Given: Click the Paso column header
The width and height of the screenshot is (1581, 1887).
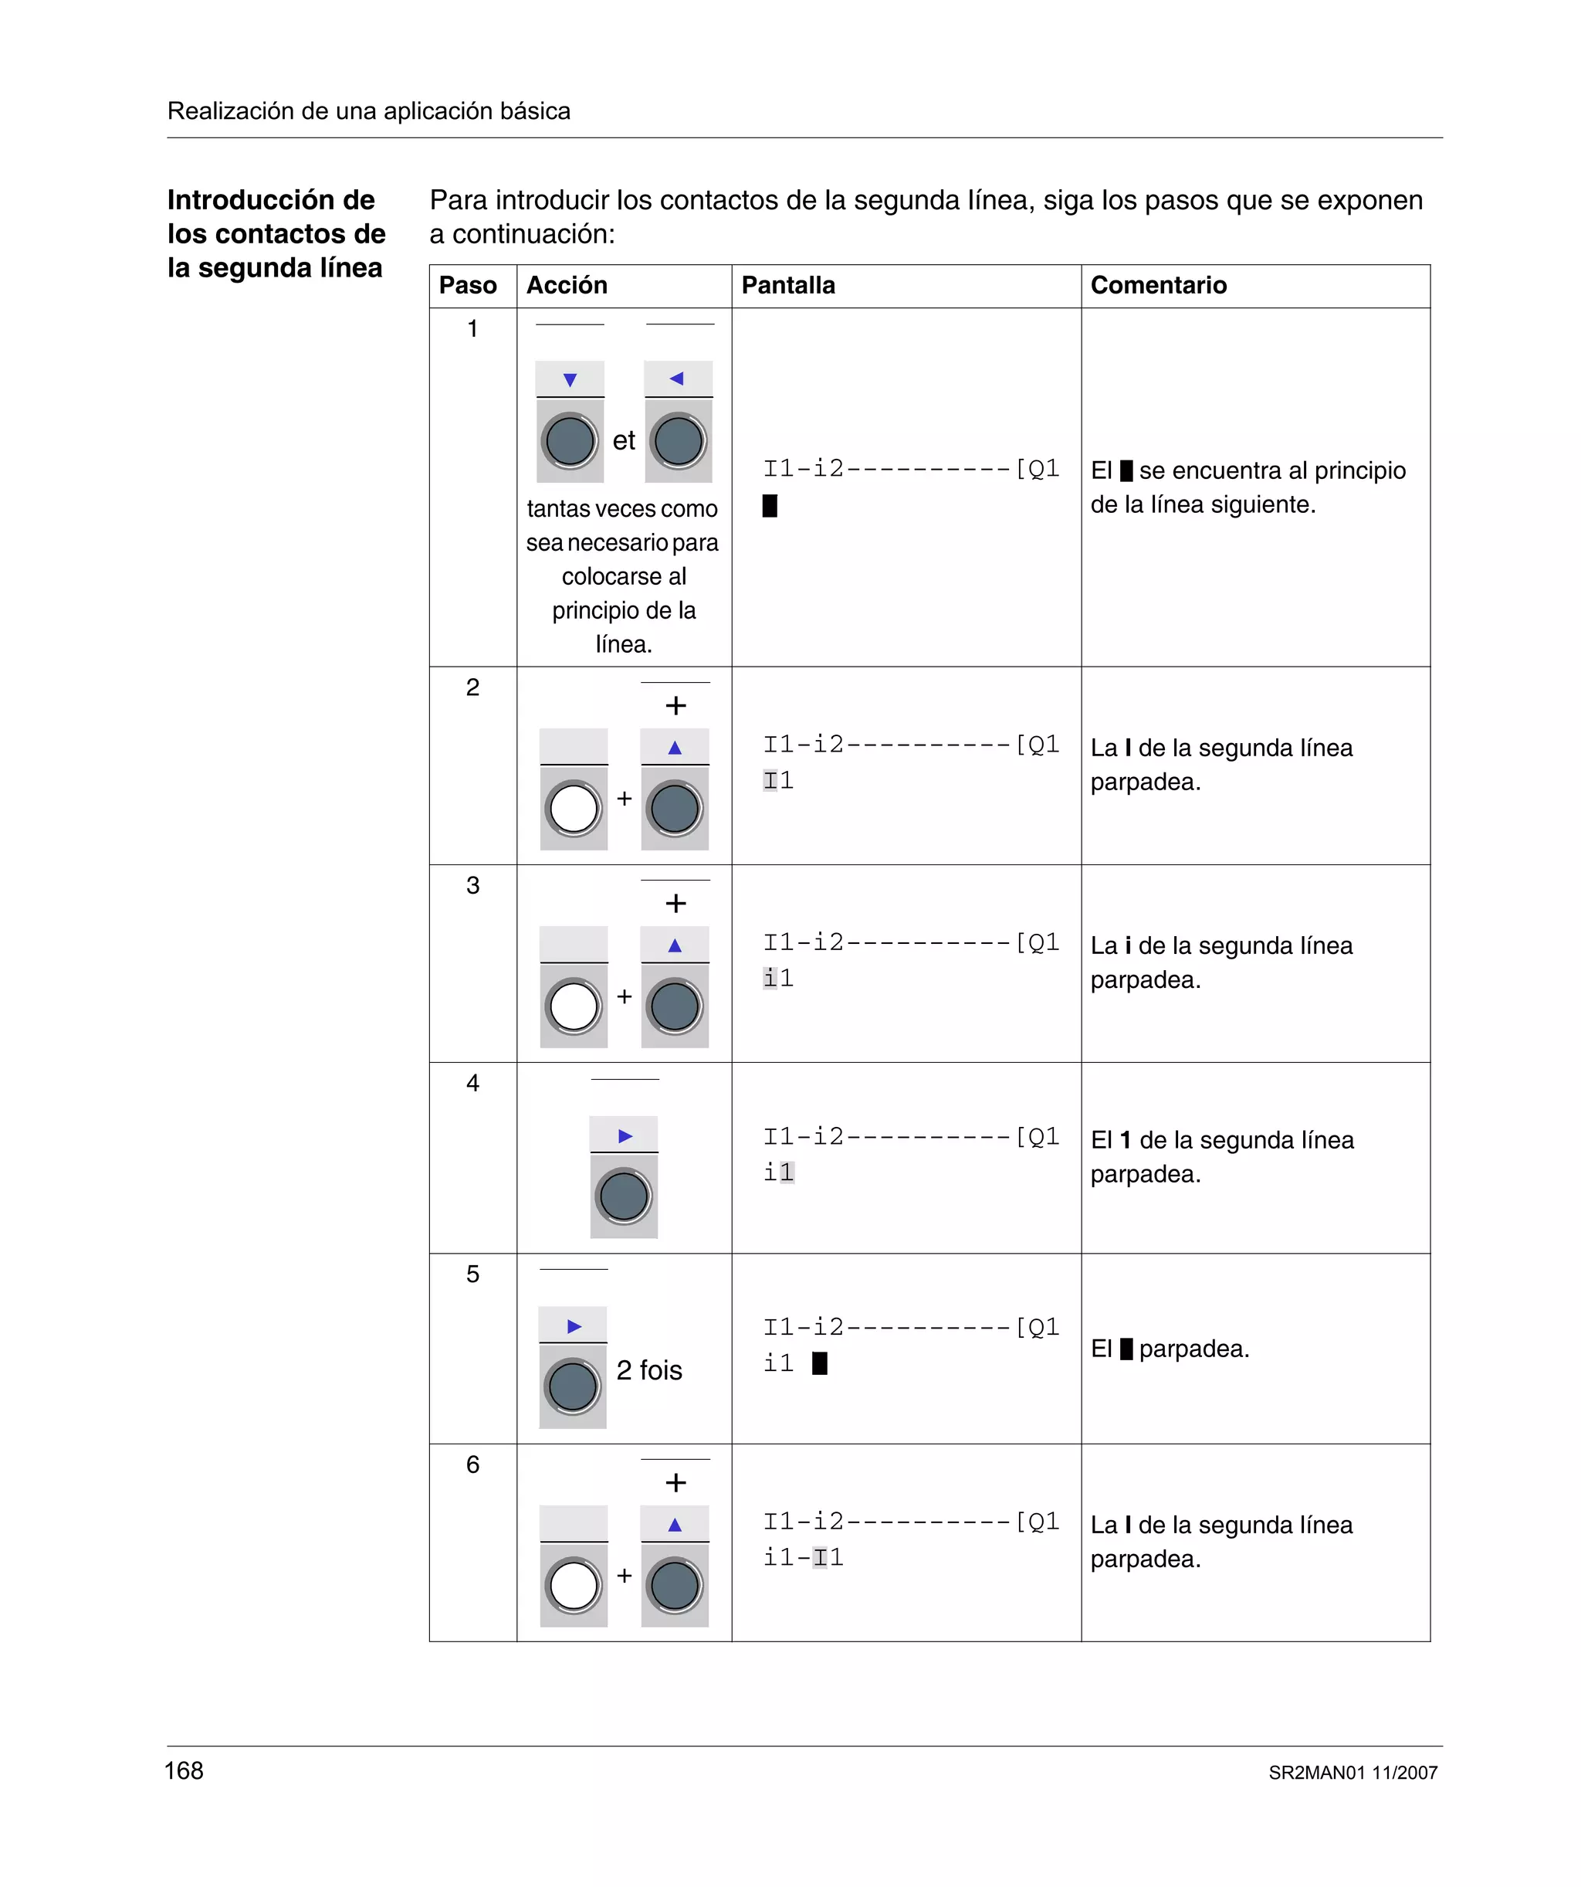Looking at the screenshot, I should point(467,286).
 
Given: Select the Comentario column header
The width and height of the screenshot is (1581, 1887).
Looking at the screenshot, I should point(1158,286).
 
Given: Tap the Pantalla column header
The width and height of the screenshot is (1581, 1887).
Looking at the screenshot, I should point(788,286).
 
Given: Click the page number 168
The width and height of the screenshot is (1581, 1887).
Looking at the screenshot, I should point(185,1770).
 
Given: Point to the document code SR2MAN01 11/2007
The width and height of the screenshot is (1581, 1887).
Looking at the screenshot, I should point(1352,1773).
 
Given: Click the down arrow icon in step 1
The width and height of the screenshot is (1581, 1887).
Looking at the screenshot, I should point(570,380).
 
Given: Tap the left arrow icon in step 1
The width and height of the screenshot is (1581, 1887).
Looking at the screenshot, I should point(677,378).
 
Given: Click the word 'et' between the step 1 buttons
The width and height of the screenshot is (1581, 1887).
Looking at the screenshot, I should point(624,440).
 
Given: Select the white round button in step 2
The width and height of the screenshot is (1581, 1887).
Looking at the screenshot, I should point(573,809).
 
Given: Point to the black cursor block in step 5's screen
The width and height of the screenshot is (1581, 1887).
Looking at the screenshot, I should point(819,1363).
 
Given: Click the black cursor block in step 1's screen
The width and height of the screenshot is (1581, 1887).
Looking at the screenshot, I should point(770,506).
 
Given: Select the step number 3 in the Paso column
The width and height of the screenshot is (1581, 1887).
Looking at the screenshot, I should point(472,885).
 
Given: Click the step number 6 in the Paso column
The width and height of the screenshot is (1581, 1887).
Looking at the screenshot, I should point(472,1464).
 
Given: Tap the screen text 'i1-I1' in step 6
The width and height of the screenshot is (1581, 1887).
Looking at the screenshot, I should point(803,1557).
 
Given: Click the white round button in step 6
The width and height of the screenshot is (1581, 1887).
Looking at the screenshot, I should point(573,1586).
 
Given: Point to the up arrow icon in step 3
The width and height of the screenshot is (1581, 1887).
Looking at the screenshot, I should point(675,945).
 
